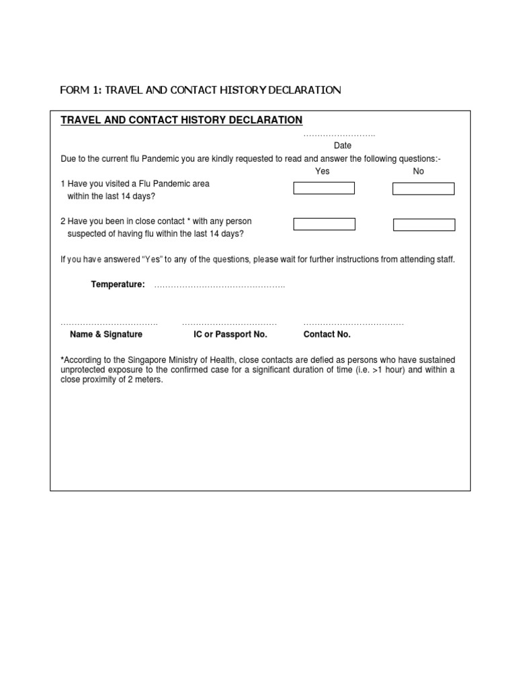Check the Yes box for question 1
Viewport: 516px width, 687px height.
324,188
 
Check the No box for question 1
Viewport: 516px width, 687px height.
423,189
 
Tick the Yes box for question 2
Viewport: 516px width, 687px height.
325,224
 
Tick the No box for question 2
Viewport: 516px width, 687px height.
423,225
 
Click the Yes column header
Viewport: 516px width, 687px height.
322,171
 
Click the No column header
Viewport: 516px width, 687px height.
419,171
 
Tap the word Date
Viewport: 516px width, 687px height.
343,146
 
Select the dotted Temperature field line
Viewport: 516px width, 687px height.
220,286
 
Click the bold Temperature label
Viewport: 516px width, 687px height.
118,284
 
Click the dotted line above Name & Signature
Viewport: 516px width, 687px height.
109,324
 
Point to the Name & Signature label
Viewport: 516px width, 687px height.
106,334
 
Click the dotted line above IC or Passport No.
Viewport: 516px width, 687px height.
229,324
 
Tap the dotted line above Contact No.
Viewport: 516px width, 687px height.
353,324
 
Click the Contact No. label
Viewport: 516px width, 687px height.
327,334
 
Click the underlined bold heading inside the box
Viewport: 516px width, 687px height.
181,120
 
